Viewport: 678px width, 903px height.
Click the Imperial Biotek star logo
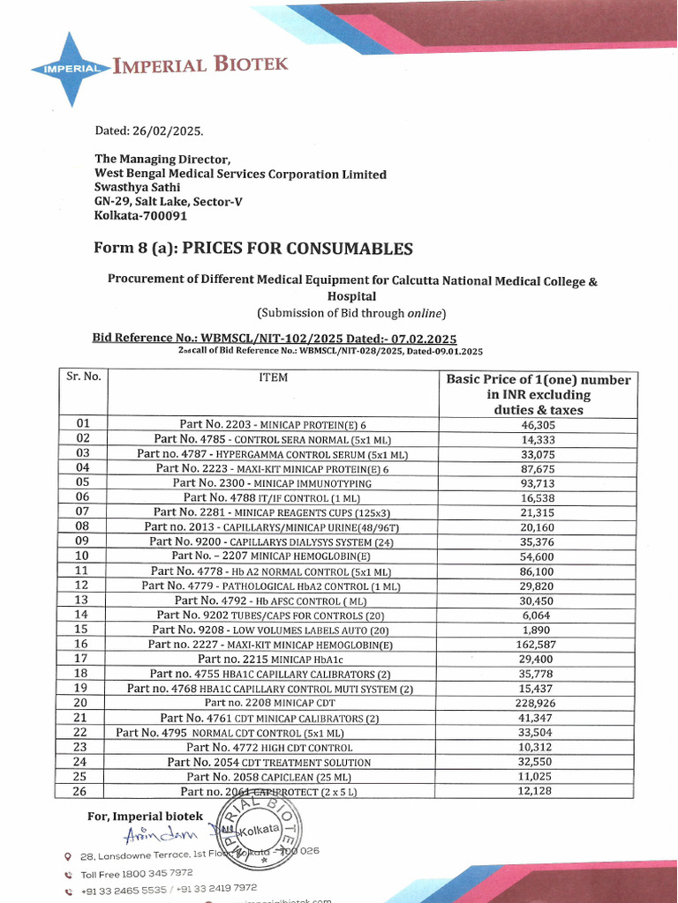[x=69, y=68]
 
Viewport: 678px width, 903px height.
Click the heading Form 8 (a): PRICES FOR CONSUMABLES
[x=253, y=249]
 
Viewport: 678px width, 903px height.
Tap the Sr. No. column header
[x=84, y=377]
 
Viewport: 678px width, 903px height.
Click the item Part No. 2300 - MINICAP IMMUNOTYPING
[x=272, y=483]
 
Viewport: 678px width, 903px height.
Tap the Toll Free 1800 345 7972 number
[x=137, y=873]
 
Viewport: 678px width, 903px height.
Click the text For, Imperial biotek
[x=145, y=816]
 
